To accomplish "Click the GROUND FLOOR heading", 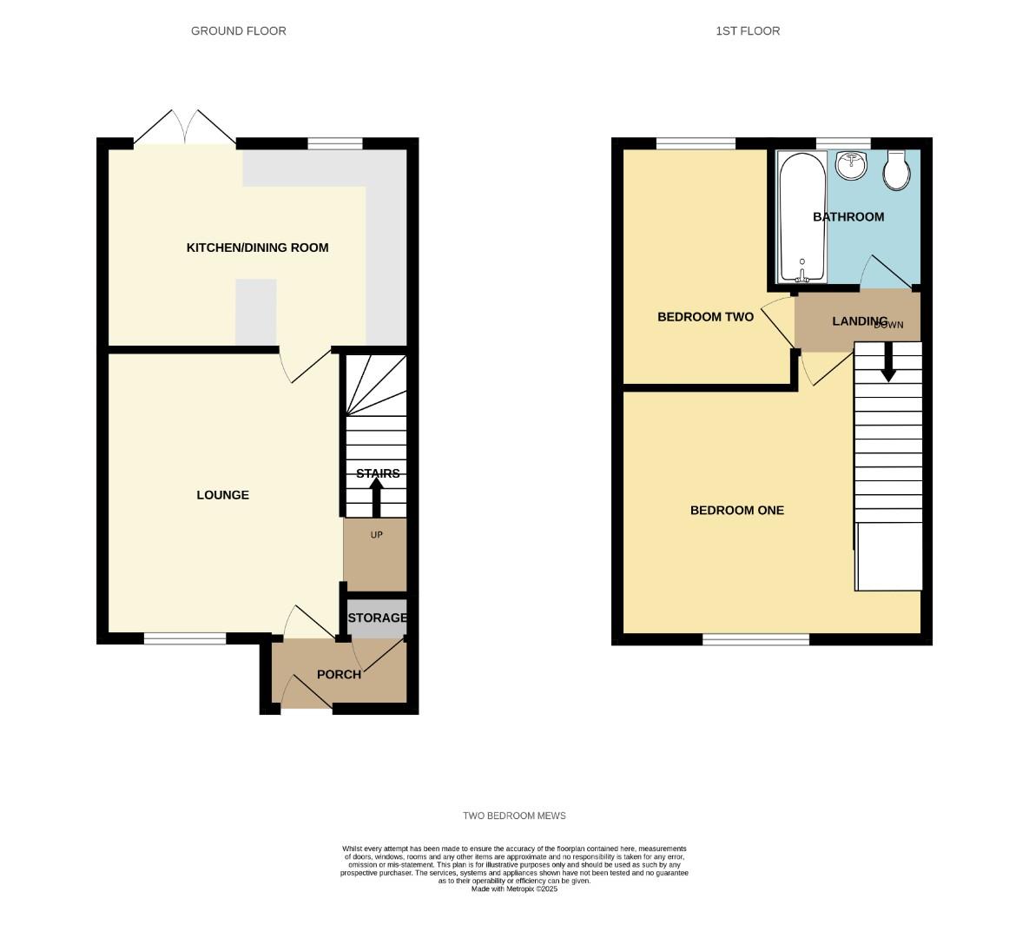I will (x=239, y=31).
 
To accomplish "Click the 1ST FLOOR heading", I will (x=748, y=31).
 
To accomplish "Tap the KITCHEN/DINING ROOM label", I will (x=257, y=248).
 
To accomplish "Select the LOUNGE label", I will (x=222, y=495).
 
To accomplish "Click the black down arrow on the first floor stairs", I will (x=888, y=363).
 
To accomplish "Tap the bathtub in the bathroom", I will (x=801, y=217).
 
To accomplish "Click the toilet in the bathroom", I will (x=896, y=170).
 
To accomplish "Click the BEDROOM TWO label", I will (x=705, y=317).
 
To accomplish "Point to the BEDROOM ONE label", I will (x=736, y=511).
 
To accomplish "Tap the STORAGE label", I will (x=377, y=618).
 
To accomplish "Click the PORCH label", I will (x=339, y=675).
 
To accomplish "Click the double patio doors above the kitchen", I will (x=185, y=129).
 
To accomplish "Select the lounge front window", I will (x=185, y=638).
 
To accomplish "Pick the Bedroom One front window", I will (x=755, y=639).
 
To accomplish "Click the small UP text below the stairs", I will (x=376, y=535).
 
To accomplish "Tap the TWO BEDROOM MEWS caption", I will (x=514, y=816).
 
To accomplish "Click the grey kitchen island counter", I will (x=255, y=312).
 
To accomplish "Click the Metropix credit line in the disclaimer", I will (x=514, y=889).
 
